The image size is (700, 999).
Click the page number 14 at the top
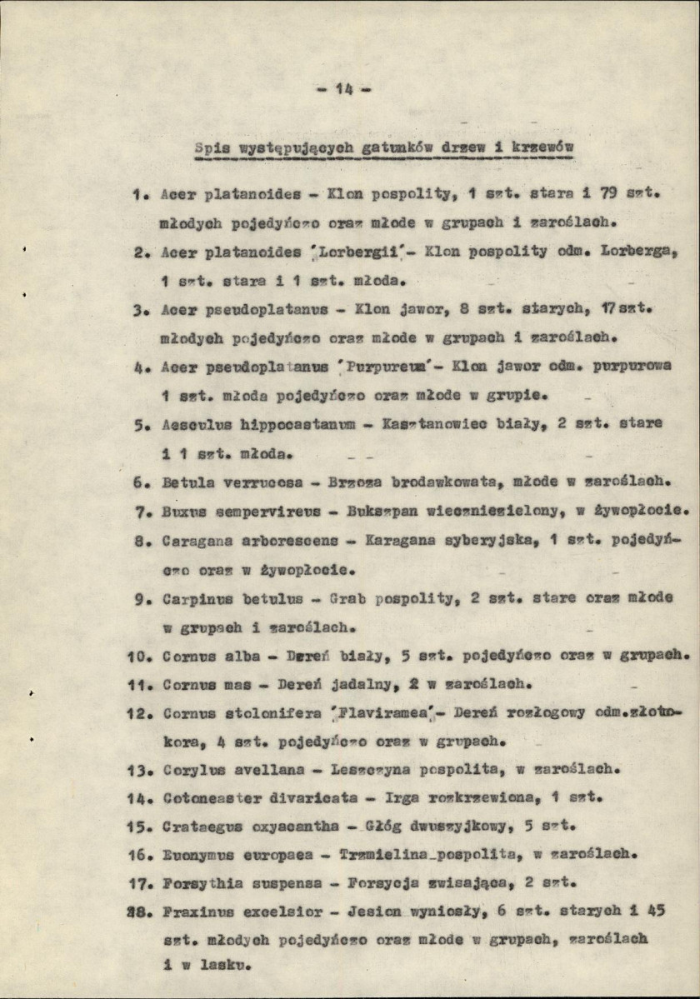pyautogui.click(x=345, y=90)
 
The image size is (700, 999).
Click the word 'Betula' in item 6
pyautogui.click(x=187, y=481)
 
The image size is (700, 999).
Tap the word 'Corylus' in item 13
pyautogui.click(x=190, y=770)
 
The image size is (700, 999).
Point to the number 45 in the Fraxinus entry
pyautogui.click(x=656, y=911)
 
